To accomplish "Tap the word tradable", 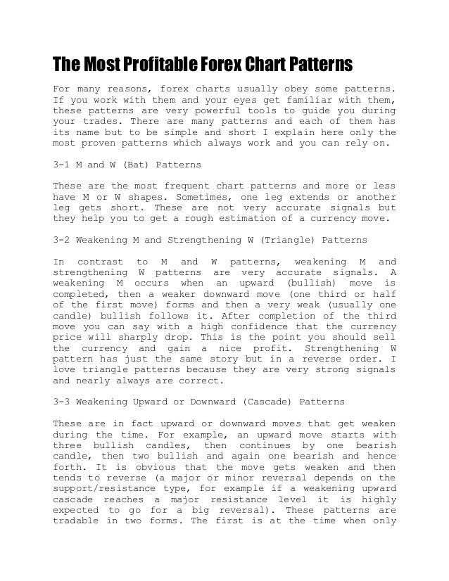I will click(77, 521).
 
